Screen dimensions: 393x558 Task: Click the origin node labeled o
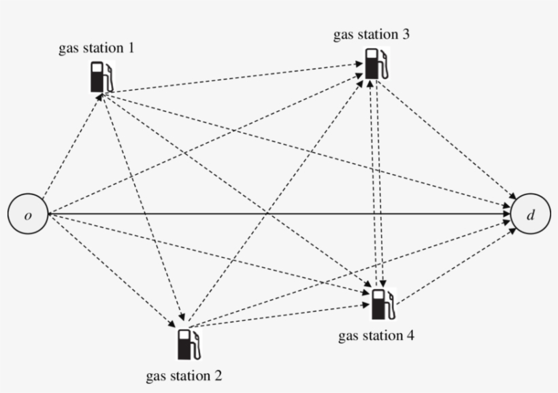pos(27,216)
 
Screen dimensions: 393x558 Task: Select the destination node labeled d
pos(531,216)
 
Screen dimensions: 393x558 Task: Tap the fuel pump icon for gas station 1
pos(101,76)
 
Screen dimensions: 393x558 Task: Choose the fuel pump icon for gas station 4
pos(382,303)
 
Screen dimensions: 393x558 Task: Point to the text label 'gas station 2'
pos(184,375)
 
